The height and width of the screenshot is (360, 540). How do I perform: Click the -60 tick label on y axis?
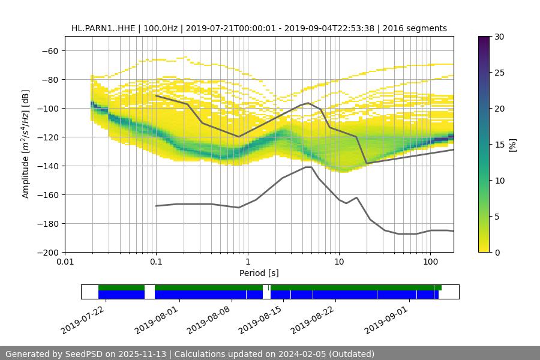(x=50, y=50)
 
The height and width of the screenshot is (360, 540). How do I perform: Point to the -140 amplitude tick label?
(x=48, y=166)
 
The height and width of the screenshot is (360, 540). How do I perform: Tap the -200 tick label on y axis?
(x=48, y=252)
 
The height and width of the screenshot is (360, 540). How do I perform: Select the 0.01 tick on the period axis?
(x=65, y=262)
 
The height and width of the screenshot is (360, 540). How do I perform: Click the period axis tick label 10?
(x=339, y=262)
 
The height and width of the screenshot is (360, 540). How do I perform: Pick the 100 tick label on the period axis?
(x=430, y=262)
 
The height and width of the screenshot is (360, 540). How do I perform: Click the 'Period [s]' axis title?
(x=259, y=274)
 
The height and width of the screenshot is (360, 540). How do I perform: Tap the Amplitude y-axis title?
(x=26, y=144)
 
